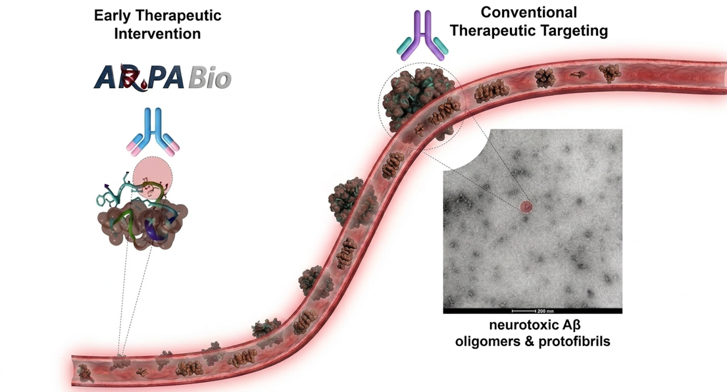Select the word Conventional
tap(528, 12)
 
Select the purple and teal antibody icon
tap(422, 39)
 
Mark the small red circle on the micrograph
tap(526, 207)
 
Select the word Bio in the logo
tap(210, 78)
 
